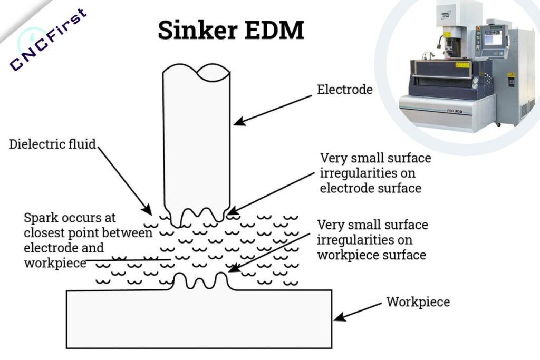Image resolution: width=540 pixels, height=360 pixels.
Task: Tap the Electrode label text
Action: [x=344, y=90]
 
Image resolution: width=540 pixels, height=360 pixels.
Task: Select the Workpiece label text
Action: [x=418, y=302]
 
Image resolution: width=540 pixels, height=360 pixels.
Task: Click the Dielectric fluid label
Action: [x=53, y=144]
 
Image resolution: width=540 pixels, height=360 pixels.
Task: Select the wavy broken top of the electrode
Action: [x=196, y=71]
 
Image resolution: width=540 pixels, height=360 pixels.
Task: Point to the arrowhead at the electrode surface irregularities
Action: [x=230, y=213]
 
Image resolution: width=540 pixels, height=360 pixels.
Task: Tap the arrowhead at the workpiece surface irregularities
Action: [x=233, y=269]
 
